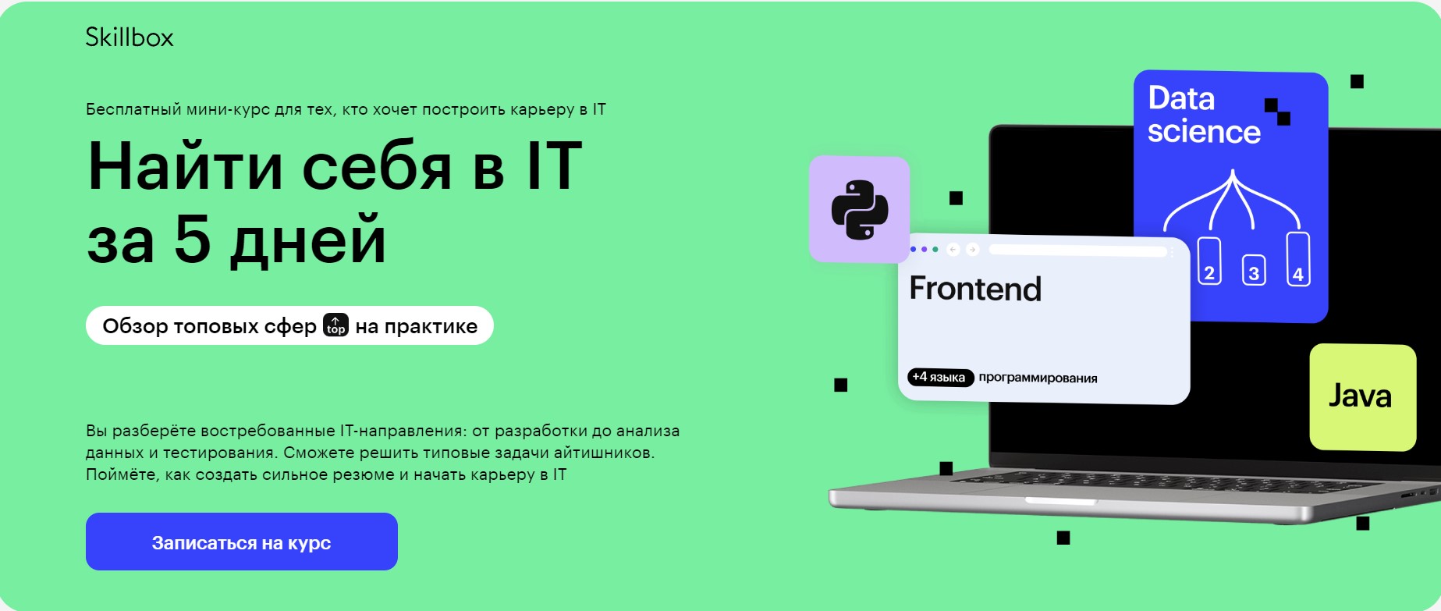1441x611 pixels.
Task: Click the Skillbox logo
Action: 130,37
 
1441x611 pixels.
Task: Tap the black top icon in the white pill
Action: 335,325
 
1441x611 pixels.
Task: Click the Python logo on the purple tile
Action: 860,209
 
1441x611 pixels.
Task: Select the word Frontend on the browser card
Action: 975,289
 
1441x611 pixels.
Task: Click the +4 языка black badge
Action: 940,377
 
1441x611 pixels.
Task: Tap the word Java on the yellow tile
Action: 1360,396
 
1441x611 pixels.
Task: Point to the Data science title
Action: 1204,115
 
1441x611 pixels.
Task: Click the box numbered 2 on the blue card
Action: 1209,261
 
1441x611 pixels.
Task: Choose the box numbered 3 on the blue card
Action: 1254,270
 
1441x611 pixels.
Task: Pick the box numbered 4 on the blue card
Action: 1298,259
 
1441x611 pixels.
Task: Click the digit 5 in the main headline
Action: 193,239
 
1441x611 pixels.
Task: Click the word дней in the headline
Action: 309,240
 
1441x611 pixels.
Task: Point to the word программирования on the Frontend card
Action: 1038,378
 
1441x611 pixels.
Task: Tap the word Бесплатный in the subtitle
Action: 133,109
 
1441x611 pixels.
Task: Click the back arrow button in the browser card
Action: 953,250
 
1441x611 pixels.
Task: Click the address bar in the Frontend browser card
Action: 1077,250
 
